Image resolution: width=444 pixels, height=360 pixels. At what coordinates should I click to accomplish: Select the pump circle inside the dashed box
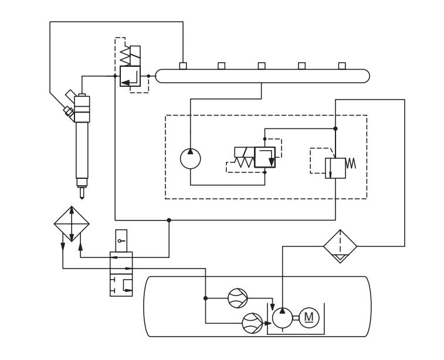[190, 159]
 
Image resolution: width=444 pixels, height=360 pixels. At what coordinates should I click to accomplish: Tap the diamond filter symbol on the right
[341, 246]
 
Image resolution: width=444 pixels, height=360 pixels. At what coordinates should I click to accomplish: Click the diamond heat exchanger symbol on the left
[71, 223]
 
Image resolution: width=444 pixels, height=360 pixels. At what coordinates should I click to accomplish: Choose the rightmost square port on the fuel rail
[342, 65]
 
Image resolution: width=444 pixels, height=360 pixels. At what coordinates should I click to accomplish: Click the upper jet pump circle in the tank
[239, 298]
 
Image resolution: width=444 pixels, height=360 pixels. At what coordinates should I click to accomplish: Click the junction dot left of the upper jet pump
[205, 298]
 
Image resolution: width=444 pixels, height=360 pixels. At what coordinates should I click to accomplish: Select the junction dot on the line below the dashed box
[169, 220]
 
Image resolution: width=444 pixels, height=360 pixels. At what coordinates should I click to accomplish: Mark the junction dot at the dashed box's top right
[335, 128]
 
